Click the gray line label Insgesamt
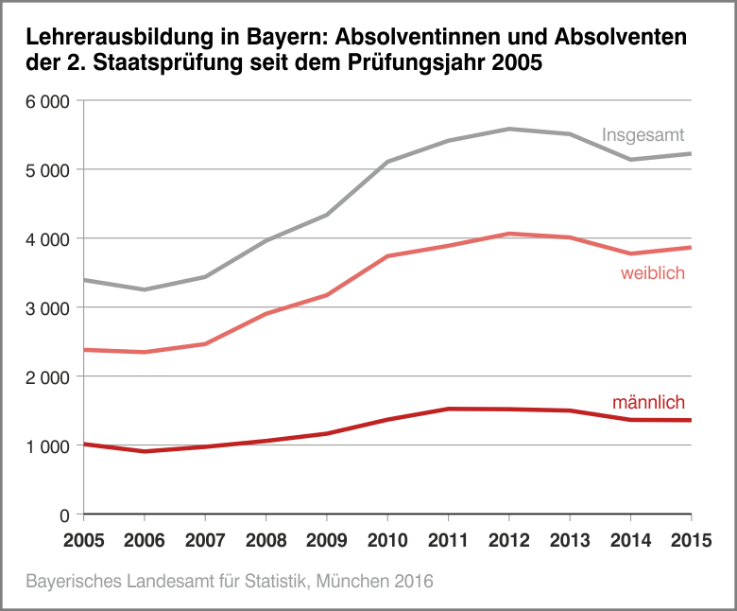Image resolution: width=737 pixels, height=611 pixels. [643, 135]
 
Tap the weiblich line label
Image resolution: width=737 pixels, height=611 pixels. [652, 273]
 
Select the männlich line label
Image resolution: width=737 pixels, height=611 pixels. [648, 403]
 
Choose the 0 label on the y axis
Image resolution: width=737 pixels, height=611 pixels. [64, 515]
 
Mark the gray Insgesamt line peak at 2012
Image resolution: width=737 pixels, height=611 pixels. [508, 129]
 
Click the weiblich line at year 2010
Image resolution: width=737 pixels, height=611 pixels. [387, 256]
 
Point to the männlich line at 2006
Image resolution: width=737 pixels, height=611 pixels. [145, 451]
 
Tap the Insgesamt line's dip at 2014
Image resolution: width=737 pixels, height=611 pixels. [630, 160]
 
